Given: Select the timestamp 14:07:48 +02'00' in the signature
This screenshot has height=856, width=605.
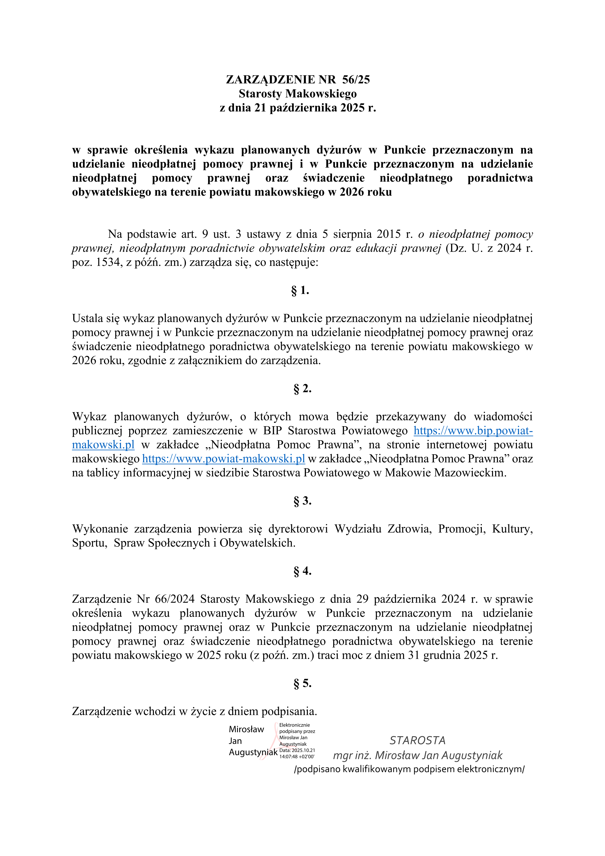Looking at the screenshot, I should [x=297, y=757].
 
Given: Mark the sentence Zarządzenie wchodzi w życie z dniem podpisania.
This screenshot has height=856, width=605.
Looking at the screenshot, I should [x=194, y=711].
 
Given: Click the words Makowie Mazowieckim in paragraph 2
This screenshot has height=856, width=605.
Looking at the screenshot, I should [x=445, y=473].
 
